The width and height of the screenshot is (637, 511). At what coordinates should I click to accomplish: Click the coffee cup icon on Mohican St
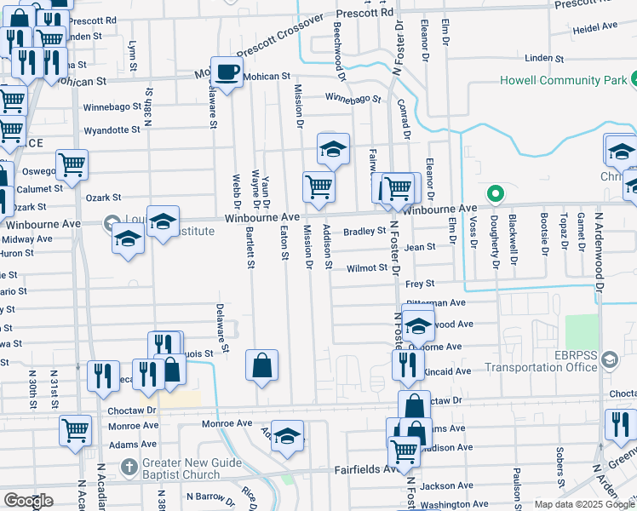[x=226, y=74]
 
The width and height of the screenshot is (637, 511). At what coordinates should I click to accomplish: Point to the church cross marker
[x=128, y=467]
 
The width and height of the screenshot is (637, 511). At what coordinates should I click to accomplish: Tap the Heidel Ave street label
[x=594, y=28]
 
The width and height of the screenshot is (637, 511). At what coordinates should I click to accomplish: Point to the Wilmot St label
[x=367, y=268]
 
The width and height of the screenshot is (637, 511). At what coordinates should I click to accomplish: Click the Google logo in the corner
[x=28, y=501]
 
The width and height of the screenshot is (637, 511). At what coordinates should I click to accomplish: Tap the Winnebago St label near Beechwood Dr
[x=353, y=99]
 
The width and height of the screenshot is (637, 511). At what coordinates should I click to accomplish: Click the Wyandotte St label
[x=112, y=130]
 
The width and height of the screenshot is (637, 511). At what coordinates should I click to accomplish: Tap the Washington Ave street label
[x=455, y=505]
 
